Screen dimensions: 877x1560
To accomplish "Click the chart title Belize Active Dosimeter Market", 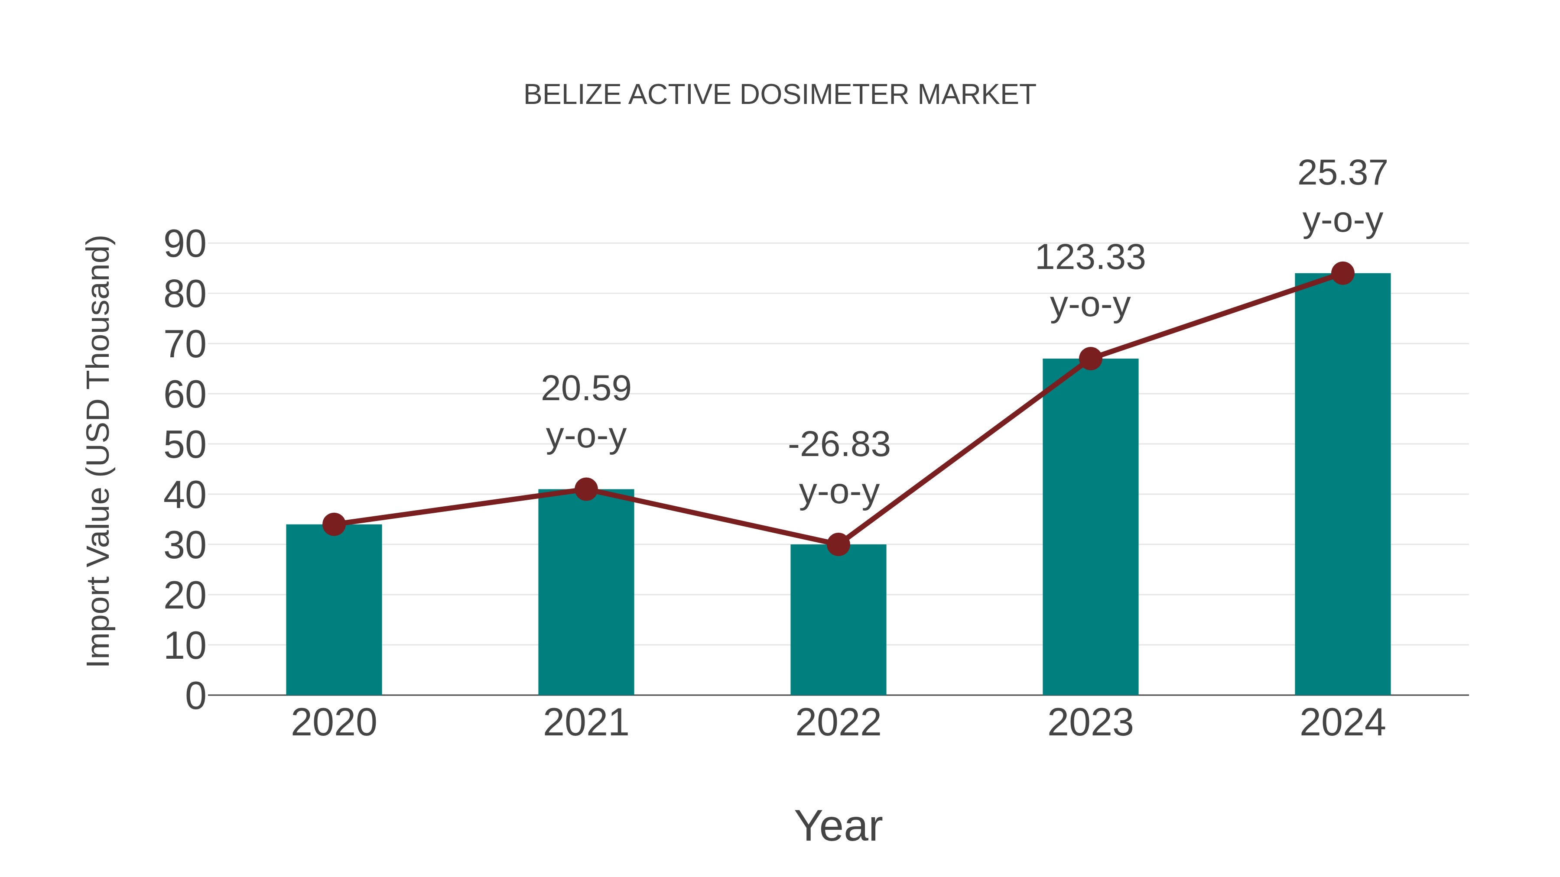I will (x=780, y=95).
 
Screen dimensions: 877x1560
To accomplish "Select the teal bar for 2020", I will (x=334, y=611).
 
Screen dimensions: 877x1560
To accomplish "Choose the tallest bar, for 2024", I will (x=1342, y=484).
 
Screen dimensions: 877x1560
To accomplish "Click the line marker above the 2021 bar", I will (x=585, y=489).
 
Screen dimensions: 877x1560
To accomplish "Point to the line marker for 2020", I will (x=334, y=524).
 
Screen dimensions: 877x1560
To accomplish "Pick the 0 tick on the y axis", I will (x=195, y=696).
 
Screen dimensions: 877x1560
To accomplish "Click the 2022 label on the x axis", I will (x=838, y=723).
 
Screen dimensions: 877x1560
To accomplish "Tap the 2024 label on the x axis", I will (x=1342, y=723).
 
